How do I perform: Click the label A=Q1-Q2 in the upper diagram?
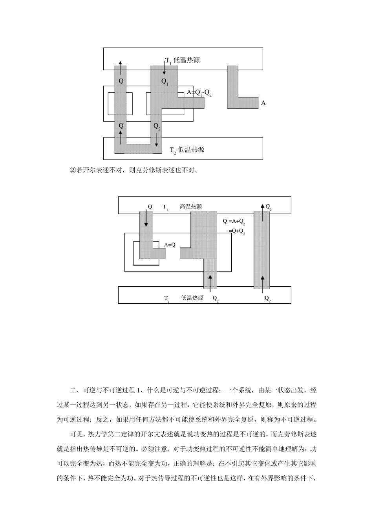click(x=199, y=93)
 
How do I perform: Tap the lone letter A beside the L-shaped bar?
click(x=263, y=103)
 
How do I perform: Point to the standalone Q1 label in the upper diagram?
click(x=165, y=81)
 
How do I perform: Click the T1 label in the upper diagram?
click(x=168, y=60)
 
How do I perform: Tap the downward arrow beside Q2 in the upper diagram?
click(x=157, y=139)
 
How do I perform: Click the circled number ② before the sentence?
click(x=72, y=170)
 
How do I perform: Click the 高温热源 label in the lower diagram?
click(x=191, y=207)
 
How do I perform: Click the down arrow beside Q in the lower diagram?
click(x=146, y=218)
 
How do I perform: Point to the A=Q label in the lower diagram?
click(x=170, y=245)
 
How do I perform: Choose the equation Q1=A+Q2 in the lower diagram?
click(x=234, y=222)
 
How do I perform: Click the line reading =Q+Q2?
click(x=237, y=231)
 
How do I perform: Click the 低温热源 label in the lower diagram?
click(x=192, y=298)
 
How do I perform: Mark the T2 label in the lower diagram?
click(x=167, y=299)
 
